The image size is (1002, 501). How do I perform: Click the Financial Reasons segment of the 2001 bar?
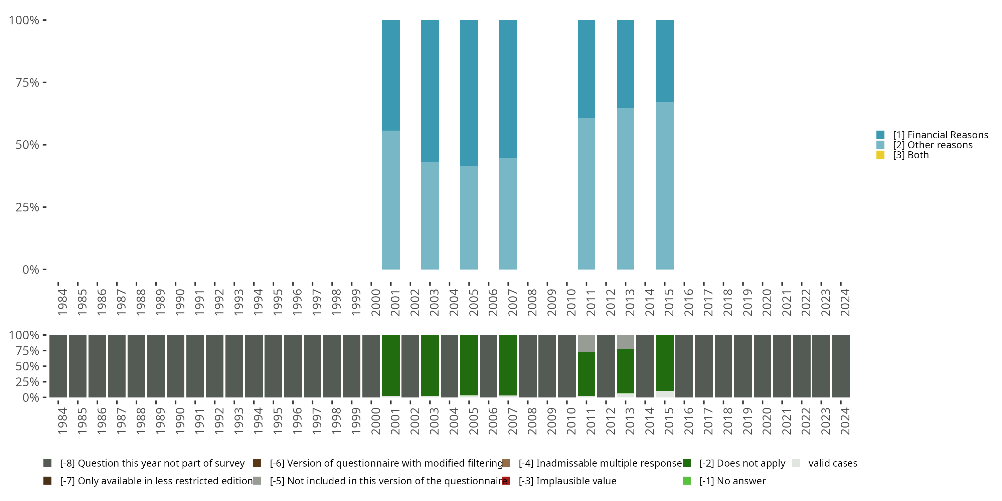(390, 75)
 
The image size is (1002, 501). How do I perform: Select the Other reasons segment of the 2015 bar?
(664, 186)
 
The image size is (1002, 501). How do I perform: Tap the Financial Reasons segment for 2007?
(508, 89)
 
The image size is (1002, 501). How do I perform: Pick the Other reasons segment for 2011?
(586, 193)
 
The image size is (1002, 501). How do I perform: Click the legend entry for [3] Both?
(910, 155)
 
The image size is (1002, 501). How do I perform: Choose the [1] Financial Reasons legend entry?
(940, 135)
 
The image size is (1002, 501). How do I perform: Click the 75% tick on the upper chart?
(27, 82)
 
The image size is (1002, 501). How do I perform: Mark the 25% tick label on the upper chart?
(27, 207)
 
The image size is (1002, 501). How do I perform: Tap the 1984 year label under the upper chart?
(62, 302)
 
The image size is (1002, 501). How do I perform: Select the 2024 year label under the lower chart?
(845, 421)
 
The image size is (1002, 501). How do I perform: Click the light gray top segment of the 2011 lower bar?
(586, 343)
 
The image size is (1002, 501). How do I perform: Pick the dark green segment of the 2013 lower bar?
(626, 371)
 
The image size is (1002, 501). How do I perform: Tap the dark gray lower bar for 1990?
(175, 366)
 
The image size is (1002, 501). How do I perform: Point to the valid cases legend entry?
(832, 463)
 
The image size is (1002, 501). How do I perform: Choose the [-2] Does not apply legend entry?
(742, 463)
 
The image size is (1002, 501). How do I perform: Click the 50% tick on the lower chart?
(27, 366)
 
